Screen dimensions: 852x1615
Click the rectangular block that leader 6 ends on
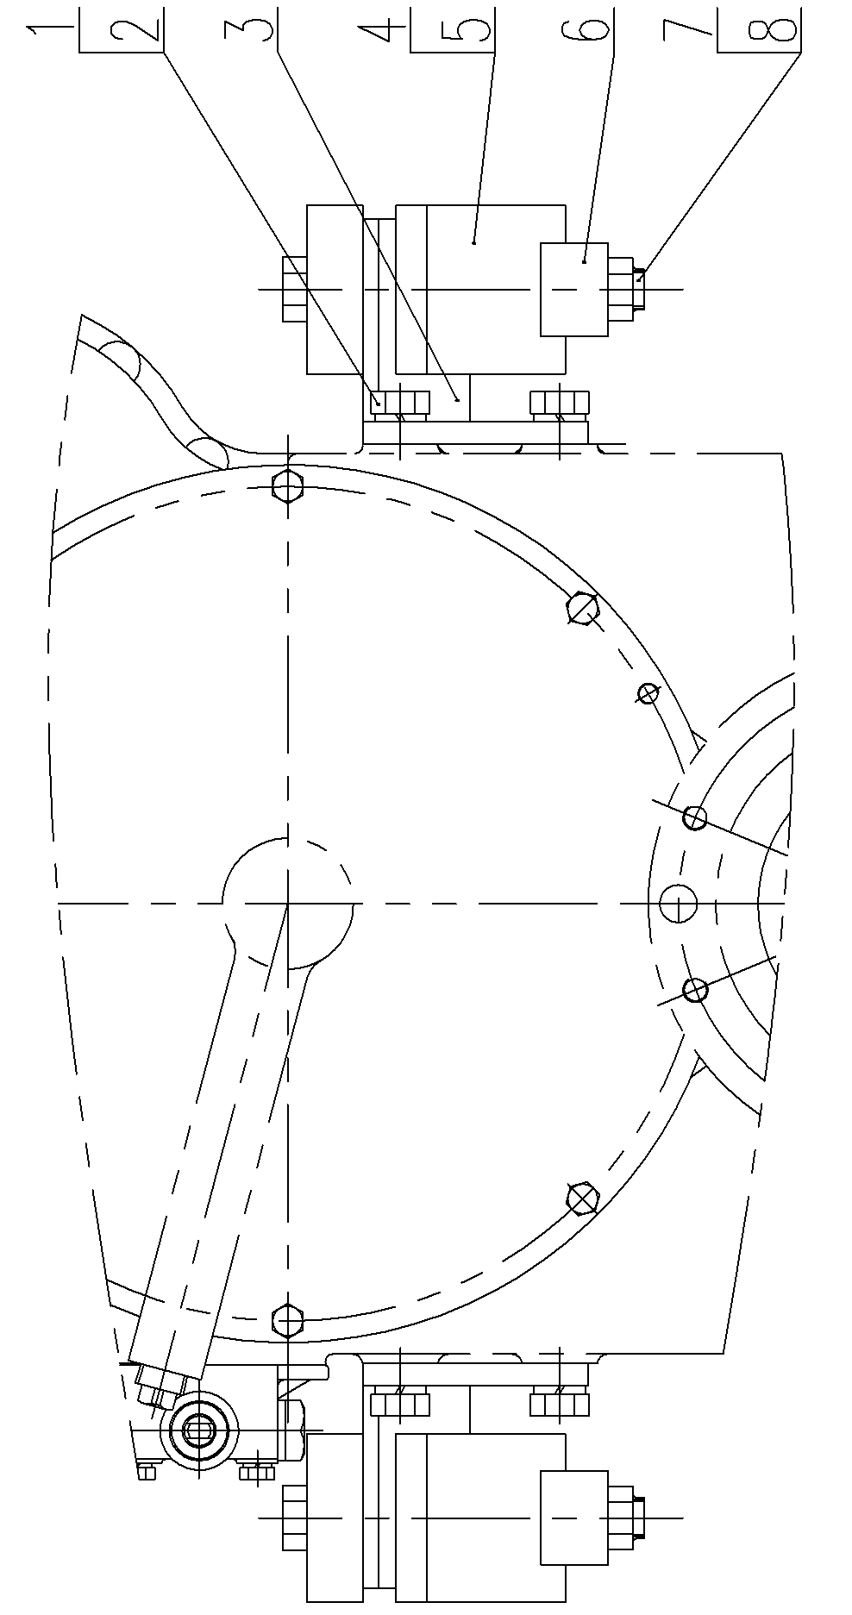[574, 289]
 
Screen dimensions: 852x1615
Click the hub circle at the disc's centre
[287, 903]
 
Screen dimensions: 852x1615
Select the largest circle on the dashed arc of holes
[678, 904]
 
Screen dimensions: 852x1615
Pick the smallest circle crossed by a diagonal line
[648, 692]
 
